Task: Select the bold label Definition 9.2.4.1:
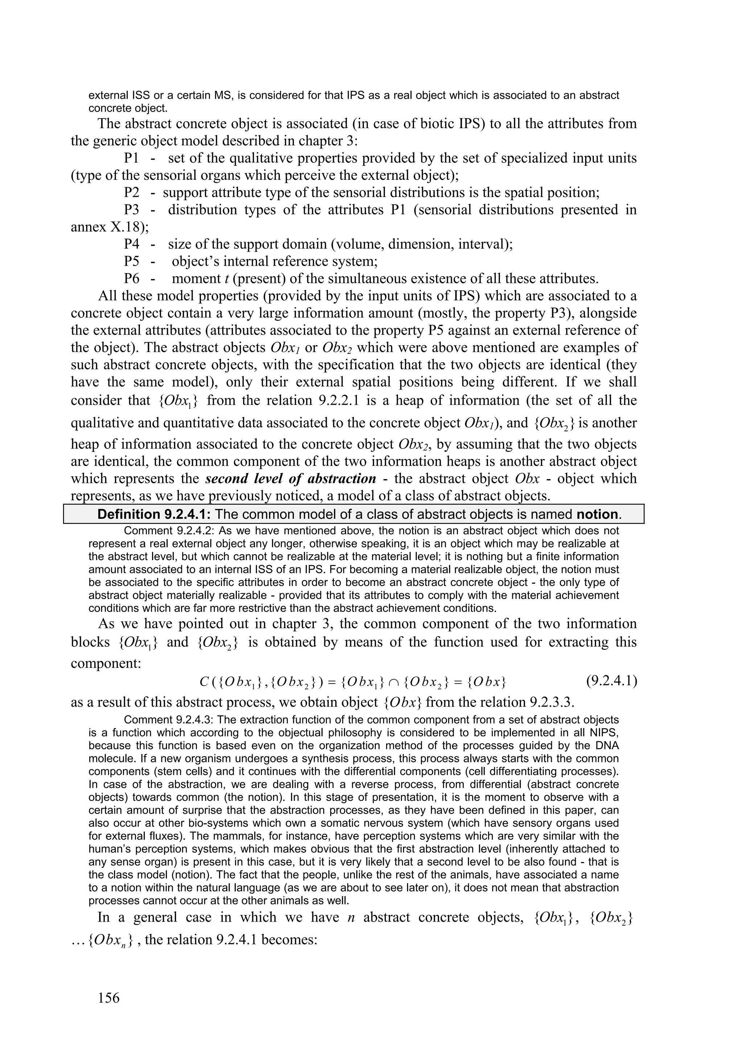tap(154, 514)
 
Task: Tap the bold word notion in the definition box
tap(597, 514)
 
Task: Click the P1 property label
tap(131, 159)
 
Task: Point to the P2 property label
tap(131, 193)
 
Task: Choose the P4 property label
tap(131, 245)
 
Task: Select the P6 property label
tap(131, 279)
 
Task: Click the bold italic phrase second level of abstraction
tap(291, 479)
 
